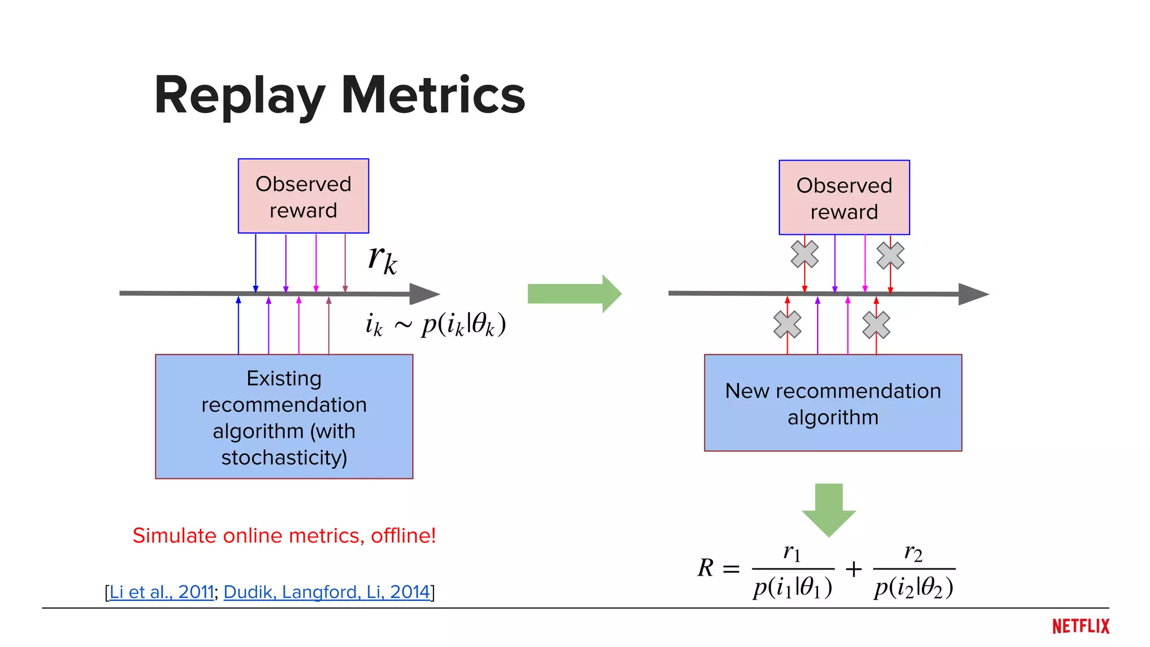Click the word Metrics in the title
pyautogui.click(x=433, y=95)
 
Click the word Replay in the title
pyautogui.click(x=239, y=97)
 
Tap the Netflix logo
pyautogui.click(x=1080, y=626)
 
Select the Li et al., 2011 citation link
pyautogui.click(x=162, y=592)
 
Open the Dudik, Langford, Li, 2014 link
pyautogui.click(x=326, y=592)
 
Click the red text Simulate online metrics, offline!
pyautogui.click(x=284, y=536)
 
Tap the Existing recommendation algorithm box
pyautogui.click(x=284, y=417)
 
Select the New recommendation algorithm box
pyautogui.click(x=833, y=403)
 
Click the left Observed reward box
pyautogui.click(x=303, y=196)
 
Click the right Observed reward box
pyautogui.click(x=844, y=198)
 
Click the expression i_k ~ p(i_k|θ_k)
pyautogui.click(x=436, y=325)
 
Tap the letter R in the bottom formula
pyautogui.click(x=706, y=568)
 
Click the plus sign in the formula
pyautogui.click(x=854, y=569)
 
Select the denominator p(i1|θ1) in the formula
pyautogui.click(x=793, y=587)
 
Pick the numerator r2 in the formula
pyautogui.click(x=913, y=553)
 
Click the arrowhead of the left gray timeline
pyautogui.click(x=425, y=294)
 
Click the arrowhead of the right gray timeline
pyautogui.click(x=973, y=294)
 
